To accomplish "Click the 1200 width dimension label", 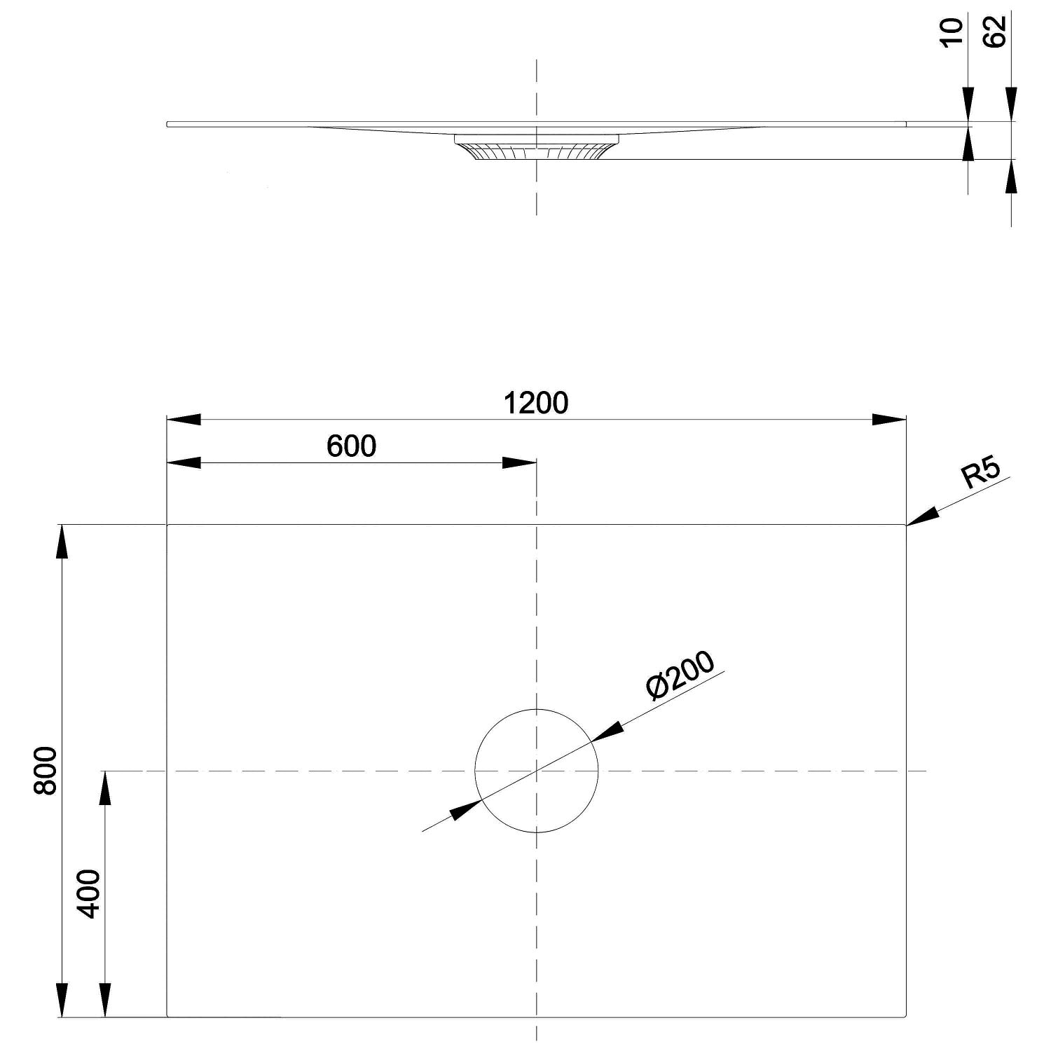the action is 536,403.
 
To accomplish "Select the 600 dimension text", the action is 352,446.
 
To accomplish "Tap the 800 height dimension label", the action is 46,771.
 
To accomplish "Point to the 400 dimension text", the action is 89,893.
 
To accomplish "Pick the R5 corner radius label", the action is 982,474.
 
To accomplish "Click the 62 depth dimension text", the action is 995,32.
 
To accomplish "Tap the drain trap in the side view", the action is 537,146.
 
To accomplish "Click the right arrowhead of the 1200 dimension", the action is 889,420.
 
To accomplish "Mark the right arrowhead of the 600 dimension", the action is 519,462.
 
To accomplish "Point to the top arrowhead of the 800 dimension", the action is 62,542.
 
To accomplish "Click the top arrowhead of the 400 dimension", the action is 105,788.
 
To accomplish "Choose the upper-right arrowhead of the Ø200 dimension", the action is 607,731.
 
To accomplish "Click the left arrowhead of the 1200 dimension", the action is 184,420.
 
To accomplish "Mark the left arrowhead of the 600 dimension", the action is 184,462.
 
